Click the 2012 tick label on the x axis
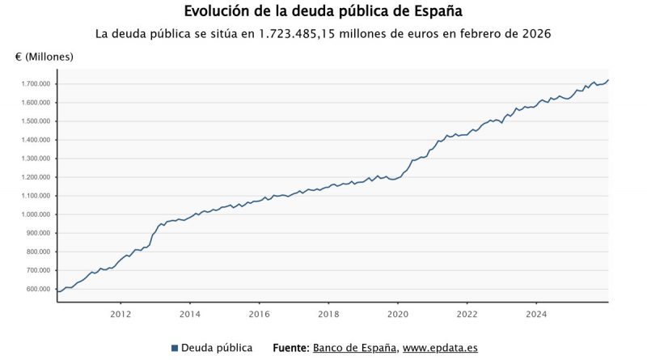[121, 314]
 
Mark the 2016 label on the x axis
[259, 314]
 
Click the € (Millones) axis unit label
[44, 57]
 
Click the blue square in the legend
[175, 348]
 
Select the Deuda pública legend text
[217, 348]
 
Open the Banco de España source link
[354, 348]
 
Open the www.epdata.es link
[440, 348]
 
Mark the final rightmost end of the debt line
[608, 80]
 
